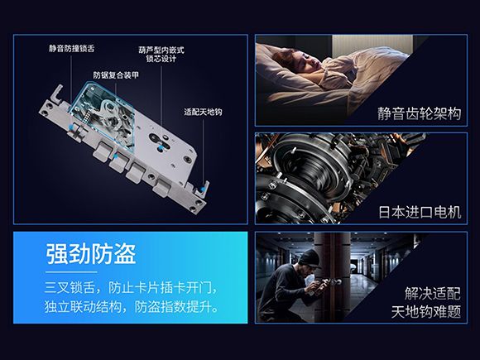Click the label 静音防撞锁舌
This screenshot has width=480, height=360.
click(72, 48)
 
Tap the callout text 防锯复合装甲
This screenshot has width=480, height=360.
click(116, 75)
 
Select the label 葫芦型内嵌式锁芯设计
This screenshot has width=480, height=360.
click(161, 54)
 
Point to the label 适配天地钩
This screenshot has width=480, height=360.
click(203, 112)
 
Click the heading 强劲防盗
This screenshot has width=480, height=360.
click(90, 254)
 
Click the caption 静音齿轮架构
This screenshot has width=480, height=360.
click(419, 113)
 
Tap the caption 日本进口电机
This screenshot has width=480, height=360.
click(420, 212)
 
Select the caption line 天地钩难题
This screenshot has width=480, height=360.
click(426, 312)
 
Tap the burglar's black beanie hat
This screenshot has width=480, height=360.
click(308, 258)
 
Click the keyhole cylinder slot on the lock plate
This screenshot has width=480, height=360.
click(159, 142)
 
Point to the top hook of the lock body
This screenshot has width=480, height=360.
click(57, 93)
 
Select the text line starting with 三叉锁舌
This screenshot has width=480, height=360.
click(132, 288)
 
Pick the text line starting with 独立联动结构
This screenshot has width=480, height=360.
click(132, 307)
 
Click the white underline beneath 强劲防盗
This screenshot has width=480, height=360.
click(71, 271)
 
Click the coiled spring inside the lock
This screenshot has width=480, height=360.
click(87, 116)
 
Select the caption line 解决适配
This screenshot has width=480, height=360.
click(433, 294)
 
